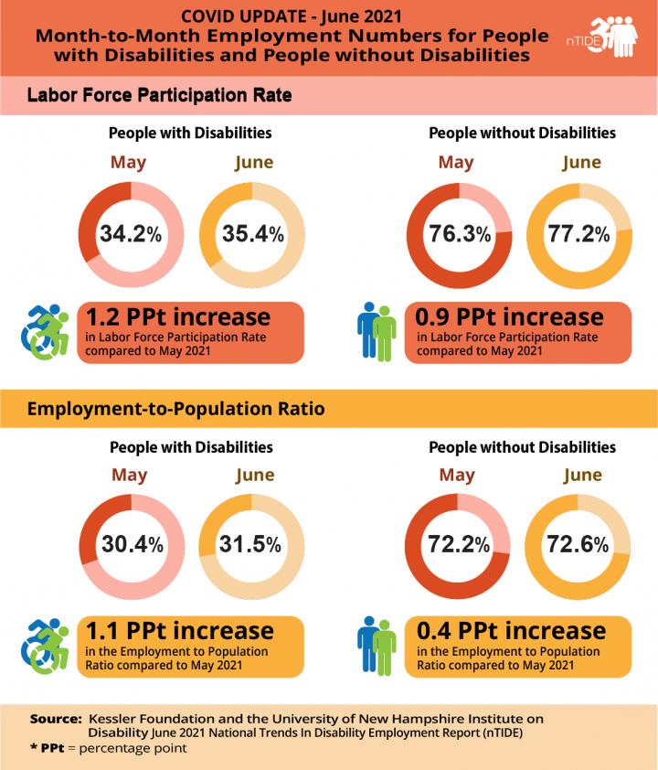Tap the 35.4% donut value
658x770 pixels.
tap(252, 234)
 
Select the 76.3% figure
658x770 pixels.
tap(460, 234)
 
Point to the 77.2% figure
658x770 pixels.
tap(578, 234)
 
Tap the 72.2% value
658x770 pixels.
tap(460, 545)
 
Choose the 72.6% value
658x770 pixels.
tap(578, 545)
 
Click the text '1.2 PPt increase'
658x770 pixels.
tap(178, 317)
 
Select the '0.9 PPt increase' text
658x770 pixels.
tap(509, 317)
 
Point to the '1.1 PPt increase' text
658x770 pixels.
tap(179, 631)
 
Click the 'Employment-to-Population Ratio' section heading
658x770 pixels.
tap(175, 408)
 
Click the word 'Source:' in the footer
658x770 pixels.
tap(56, 719)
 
